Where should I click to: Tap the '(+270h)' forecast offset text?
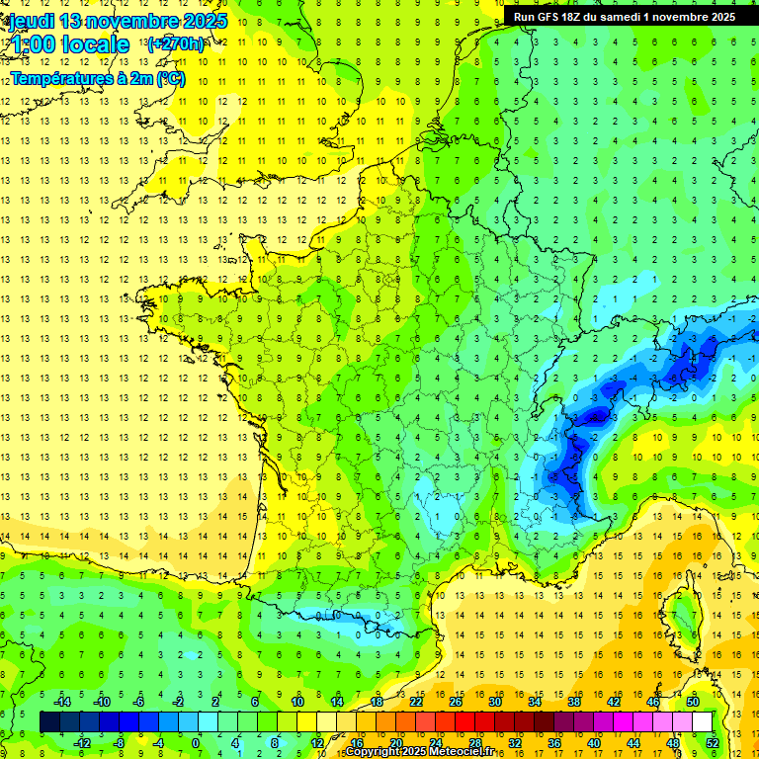pyautogui.click(x=175, y=43)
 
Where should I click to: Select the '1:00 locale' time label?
pyautogui.click(x=72, y=44)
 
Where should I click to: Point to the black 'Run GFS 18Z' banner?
pyautogui.click(x=624, y=17)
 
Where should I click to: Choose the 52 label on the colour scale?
pyautogui.click(x=713, y=742)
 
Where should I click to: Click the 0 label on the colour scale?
pyautogui.click(x=196, y=742)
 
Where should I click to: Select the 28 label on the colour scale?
pyautogui.click(x=474, y=742)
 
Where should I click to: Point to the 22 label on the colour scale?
pyautogui.click(x=416, y=702)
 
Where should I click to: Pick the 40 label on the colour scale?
pyautogui.click(x=594, y=742)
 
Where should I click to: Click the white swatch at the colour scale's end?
pyautogui.click(x=702, y=721)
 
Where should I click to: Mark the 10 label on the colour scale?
pyautogui.click(x=296, y=702)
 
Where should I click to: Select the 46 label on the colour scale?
pyautogui.click(x=653, y=702)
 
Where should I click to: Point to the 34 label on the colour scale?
pyautogui.click(x=535, y=702)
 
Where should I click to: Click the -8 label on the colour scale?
pyautogui.click(x=120, y=742)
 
